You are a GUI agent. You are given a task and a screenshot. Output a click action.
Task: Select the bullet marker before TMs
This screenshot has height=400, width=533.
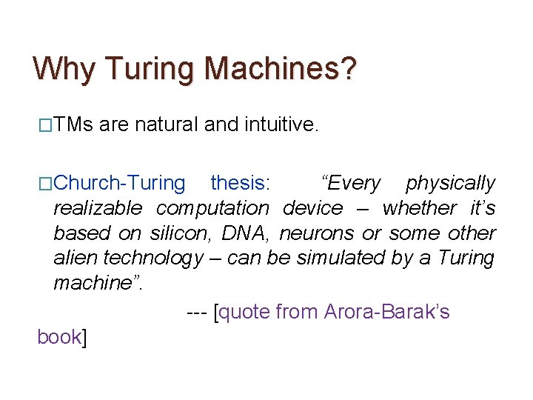click(45, 126)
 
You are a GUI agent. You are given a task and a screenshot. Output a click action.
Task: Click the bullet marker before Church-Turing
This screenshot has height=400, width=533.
click(45, 183)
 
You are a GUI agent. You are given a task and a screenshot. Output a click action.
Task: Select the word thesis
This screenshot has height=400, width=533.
click(238, 183)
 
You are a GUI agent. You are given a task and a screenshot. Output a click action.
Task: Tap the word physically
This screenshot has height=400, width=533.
click(450, 183)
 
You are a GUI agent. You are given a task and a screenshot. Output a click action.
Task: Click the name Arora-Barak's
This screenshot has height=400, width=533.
click(386, 312)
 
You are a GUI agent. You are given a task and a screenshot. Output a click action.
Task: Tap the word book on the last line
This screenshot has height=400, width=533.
click(58, 337)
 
